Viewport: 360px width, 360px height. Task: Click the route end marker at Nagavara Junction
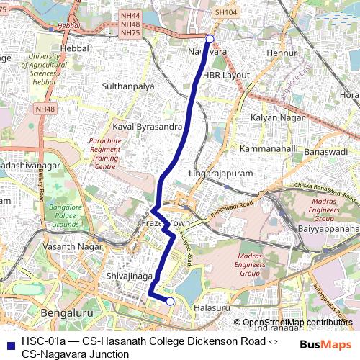tap(210, 39)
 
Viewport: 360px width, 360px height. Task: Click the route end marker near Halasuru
tap(170, 302)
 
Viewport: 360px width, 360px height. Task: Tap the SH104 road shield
tap(225, 13)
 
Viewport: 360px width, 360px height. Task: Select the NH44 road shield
tap(130, 14)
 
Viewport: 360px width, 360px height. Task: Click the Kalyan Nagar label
tap(274, 117)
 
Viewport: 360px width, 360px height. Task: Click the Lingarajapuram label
tap(220, 174)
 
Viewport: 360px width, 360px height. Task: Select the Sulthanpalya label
tap(128, 86)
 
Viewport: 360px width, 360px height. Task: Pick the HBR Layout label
tap(226, 75)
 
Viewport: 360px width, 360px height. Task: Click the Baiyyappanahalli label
tap(328, 228)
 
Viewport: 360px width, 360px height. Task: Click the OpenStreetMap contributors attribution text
tap(297, 323)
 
